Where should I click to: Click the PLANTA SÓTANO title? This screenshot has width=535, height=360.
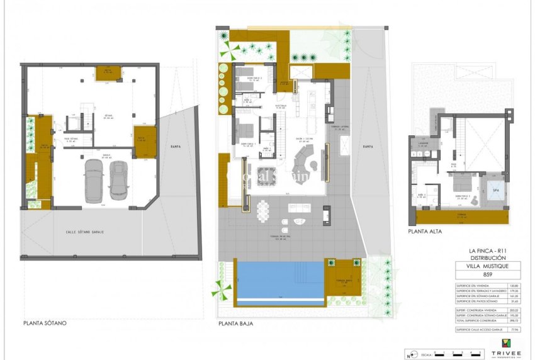[x=45, y=323]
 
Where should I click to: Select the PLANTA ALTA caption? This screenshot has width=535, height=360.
[x=425, y=232]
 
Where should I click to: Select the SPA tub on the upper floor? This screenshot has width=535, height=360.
[x=495, y=190]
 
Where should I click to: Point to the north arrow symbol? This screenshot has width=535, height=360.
[x=410, y=353]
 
